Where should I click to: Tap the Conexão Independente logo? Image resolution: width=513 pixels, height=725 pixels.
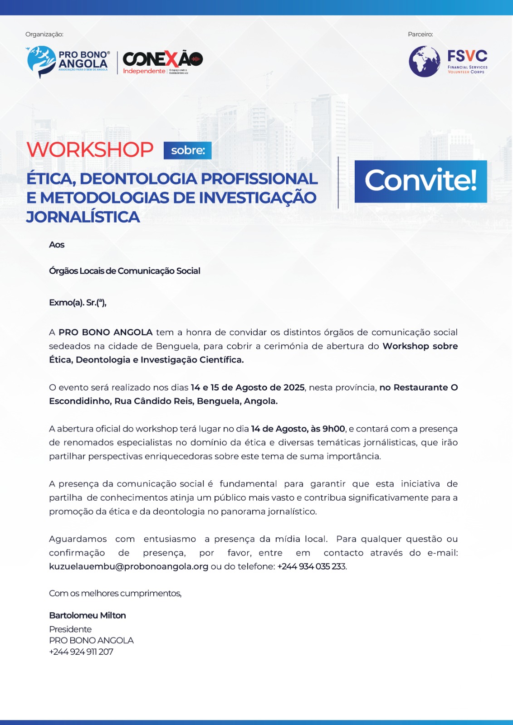coord(162,62)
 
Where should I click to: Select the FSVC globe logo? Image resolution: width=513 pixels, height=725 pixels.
coord(425,61)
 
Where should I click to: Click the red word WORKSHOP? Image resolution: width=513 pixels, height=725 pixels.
coord(90,150)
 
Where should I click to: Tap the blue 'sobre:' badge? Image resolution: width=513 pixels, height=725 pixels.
coord(188,150)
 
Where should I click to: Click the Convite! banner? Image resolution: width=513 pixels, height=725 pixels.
coord(420,181)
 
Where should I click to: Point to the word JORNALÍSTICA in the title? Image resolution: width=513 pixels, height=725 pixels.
coord(83,217)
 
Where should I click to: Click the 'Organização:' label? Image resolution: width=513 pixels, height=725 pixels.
coord(44,34)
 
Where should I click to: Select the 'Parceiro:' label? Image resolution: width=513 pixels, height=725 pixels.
coord(420,34)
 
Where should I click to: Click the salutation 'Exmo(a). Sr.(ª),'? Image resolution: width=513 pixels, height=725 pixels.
coord(78,303)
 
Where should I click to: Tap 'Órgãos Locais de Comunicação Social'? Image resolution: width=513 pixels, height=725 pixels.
coord(125,271)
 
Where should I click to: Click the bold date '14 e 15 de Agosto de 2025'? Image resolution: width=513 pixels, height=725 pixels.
coord(248,387)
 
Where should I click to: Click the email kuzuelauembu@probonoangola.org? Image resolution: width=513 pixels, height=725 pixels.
coord(129,566)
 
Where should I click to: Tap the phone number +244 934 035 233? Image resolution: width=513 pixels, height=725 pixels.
coord(312,566)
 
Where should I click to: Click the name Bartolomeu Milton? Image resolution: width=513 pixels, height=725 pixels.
coord(88,615)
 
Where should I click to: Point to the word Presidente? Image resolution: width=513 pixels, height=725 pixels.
coord(70,629)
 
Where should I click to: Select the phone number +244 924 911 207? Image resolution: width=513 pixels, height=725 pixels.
coord(81,652)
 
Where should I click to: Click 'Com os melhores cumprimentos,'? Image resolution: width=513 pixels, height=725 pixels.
coord(115,593)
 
